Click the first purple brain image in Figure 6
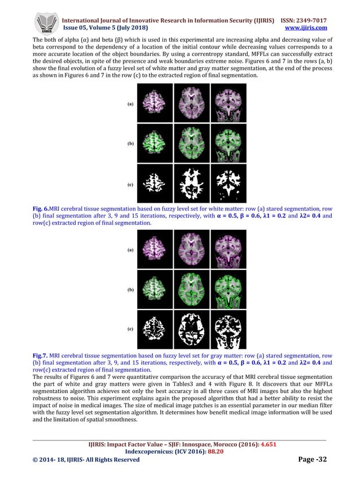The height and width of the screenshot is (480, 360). (154, 103)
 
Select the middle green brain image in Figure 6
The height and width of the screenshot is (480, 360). (191, 143)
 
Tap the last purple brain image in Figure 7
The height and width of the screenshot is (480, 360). (227, 248)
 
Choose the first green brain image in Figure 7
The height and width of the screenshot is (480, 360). (154, 289)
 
